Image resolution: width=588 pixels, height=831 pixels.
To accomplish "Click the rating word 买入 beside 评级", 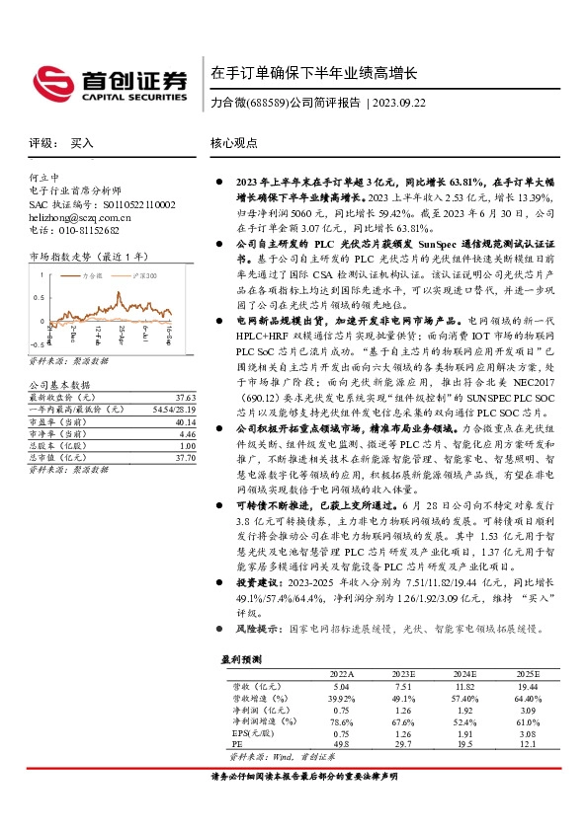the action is [x=82, y=143].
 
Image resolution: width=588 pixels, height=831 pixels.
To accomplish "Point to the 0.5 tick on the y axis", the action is [x=40, y=297].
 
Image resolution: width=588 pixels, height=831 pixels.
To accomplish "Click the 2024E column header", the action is [x=464, y=672].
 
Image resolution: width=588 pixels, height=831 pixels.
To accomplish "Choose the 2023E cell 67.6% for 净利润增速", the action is [x=403, y=720].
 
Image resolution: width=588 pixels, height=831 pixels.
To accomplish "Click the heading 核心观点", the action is [x=233, y=143].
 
